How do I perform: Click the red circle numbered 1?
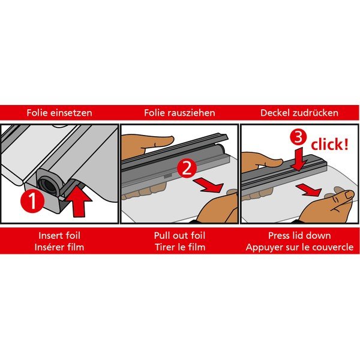[32, 201]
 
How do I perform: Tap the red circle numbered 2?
[187, 169]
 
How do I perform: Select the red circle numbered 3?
[298, 137]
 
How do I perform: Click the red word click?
[329, 145]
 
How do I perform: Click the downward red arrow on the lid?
[298, 159]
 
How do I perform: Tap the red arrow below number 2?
[208, 185]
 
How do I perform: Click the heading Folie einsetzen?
[59, 113]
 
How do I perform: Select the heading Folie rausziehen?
[179, 113]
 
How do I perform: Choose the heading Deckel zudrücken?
[299, 113]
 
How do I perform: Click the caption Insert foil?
[59, 236]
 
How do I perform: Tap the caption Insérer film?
[59, 247]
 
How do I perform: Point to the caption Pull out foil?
[179, 236]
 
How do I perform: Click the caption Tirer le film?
[180, 247]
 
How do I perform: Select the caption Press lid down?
[299, 236]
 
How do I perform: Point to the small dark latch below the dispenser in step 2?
[168, 176]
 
